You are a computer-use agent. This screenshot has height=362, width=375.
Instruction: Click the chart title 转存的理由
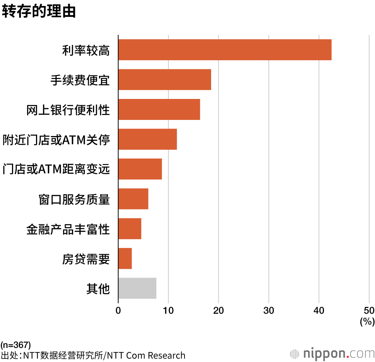[39, 11]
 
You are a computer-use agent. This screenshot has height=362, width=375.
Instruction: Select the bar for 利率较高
[225, 49]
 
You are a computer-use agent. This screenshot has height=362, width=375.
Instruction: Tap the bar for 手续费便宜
[165, 79]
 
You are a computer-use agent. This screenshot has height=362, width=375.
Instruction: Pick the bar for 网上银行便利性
[159, 109]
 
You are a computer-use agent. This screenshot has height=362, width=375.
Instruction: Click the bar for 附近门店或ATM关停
[147, 139]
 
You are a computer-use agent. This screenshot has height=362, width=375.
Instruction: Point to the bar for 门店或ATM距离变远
[140, 169]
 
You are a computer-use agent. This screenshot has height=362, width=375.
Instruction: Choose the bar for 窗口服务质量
[133, 199]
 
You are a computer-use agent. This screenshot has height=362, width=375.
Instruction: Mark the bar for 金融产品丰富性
[130, 229]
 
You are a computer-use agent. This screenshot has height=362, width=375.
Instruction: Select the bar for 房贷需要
[125, 258]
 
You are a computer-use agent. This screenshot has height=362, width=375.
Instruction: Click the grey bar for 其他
[137, 288]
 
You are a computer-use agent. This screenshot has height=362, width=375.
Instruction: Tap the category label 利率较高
[86, 50]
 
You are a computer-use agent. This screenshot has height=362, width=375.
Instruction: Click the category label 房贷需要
[86, 259]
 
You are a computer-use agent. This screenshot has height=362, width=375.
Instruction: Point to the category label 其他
[98, 289]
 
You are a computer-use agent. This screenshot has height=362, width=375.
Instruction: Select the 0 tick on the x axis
[118, 310]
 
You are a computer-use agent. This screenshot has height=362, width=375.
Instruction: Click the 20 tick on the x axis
[218, 310]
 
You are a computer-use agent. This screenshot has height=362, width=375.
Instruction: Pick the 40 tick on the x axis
[319, 310]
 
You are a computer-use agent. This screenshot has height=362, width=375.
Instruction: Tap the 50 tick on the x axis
[369, 310]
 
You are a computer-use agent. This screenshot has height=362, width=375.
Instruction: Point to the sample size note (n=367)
[16, 344]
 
